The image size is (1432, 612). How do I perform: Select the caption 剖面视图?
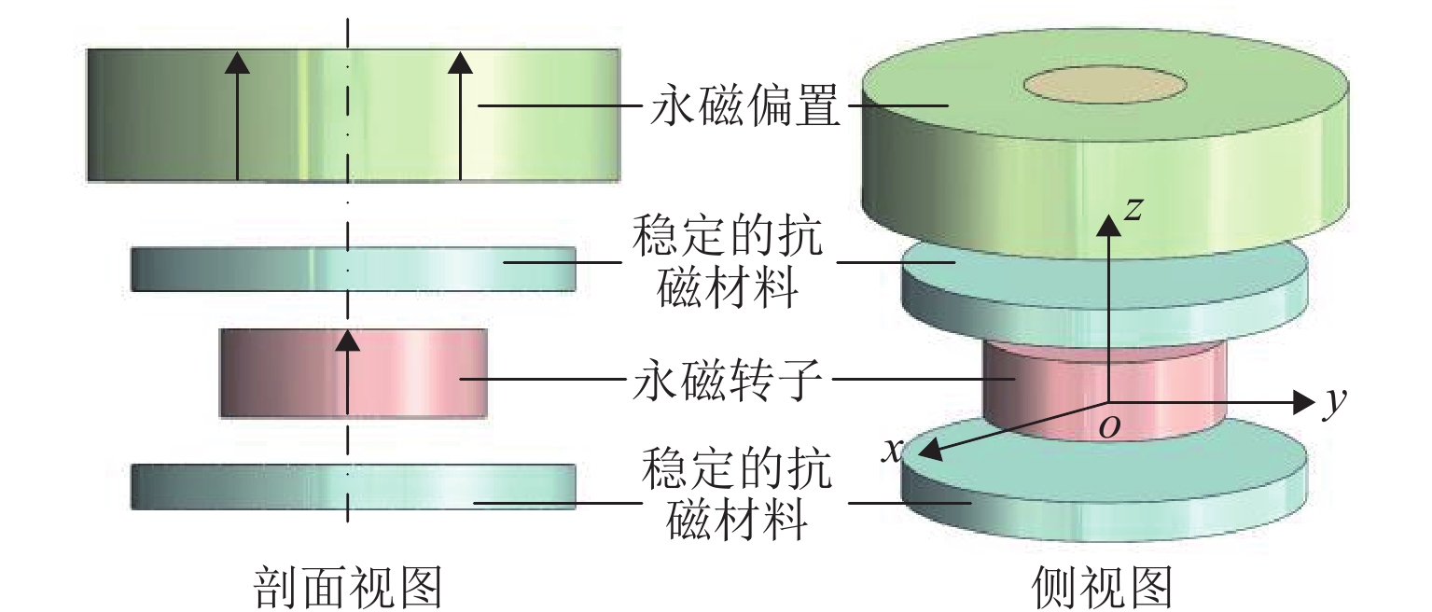pyautogui.click(x=348, y=588)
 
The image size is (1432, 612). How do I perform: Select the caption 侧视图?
pyautogui.click(x=1101, y=588)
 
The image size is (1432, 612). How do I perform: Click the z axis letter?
pyautogui.click(x=1133, y=211)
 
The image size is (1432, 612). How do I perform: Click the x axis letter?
pyautogui.click(x=893, y=452)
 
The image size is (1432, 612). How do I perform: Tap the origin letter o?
pyautogui.click(x=1109, y=426)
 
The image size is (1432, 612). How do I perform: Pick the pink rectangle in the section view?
pyautogui.click(x=280, y=372)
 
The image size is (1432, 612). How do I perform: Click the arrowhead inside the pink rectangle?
pyautogui.click(x=347, y=340)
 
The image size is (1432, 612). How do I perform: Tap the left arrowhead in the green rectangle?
pyautogui.click(x=238, y=62)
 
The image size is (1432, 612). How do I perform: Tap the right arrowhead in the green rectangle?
pyautogui.click(x=460, y=62)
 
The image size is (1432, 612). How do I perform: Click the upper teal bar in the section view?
pyautogui.click(x=354, y=269)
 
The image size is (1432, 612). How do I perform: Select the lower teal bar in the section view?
pyautogui.click(x=354, y=486)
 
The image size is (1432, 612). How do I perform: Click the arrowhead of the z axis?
pyautogui.click(x=1108, y=225)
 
